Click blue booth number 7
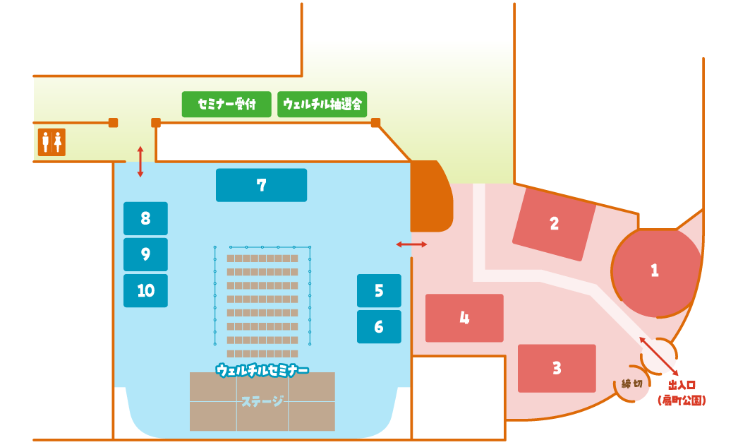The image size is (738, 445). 261,185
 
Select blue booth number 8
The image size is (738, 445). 145,218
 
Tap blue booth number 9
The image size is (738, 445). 145,254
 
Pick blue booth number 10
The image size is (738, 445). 145,290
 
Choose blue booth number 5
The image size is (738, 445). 379,290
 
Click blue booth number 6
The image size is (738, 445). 379,326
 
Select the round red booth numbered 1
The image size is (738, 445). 655,271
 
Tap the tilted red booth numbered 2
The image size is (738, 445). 555,224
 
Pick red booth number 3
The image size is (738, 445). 557,368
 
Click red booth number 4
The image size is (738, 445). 464,318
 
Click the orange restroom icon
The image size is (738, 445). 52,142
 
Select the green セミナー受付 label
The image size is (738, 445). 226,105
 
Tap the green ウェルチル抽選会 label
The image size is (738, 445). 322,105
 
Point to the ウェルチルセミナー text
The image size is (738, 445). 262,370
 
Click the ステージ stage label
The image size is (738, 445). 262,401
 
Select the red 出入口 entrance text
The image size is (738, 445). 682,385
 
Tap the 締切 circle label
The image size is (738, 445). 631,384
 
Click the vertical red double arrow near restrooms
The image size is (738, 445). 140,162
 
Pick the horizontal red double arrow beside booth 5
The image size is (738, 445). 411,244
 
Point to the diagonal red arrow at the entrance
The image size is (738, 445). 659,356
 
